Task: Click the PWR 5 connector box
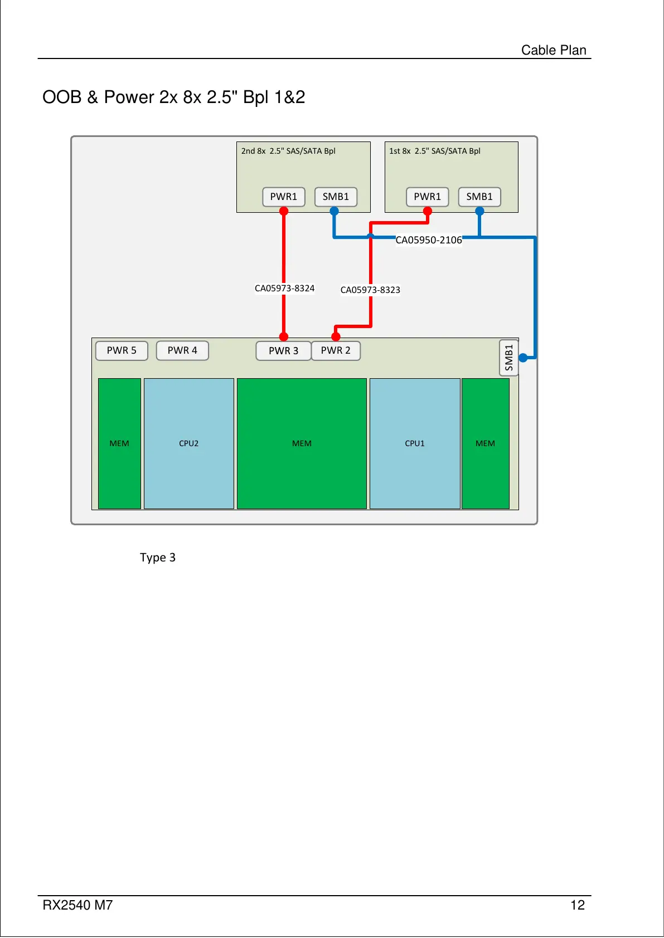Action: coord(122,350)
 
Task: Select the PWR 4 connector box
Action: coord(182,350)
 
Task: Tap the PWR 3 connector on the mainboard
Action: coord(283,351)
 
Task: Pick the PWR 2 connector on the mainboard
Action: coord(336,350)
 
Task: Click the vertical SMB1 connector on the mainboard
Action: coord(508,358)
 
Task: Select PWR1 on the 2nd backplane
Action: coord(284,197)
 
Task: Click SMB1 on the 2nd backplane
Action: coord(336,197)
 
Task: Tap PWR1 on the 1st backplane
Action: coord(427,197)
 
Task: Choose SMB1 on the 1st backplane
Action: coord(479,197)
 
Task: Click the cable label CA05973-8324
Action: coord(284,288)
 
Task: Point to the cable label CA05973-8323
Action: coord(370,290)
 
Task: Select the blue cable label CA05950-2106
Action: coord(429,240)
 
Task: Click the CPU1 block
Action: coord(415,443)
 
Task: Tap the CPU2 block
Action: coord(188,443)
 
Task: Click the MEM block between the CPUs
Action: coord(302,443)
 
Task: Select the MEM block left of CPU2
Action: coord(119,443)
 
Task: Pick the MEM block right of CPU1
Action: coord(485,443)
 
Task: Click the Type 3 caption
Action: coord(158,558)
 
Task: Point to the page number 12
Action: coord(578,905)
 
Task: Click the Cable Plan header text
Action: coord(554,50)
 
